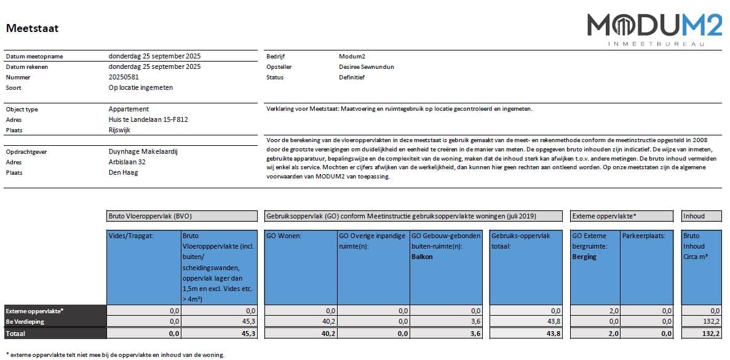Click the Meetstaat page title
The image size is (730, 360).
(32, 28)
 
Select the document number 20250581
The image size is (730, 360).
(124, 78)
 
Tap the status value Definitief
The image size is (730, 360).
(352, 78)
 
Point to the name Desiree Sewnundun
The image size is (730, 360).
(367, 67)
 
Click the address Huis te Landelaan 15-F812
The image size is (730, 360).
(148, 119)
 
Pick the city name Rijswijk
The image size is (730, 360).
(119, 130)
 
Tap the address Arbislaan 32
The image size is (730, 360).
(127, 162)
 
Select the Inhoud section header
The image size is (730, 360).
(694, 216)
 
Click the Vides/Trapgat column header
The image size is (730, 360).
(127, 236)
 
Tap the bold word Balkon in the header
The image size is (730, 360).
(422, 257)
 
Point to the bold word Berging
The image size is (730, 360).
(584, 257)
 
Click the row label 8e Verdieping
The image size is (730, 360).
(25, 321)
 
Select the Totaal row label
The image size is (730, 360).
(17, 333)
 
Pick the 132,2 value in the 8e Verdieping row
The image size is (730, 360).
(710, 321)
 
